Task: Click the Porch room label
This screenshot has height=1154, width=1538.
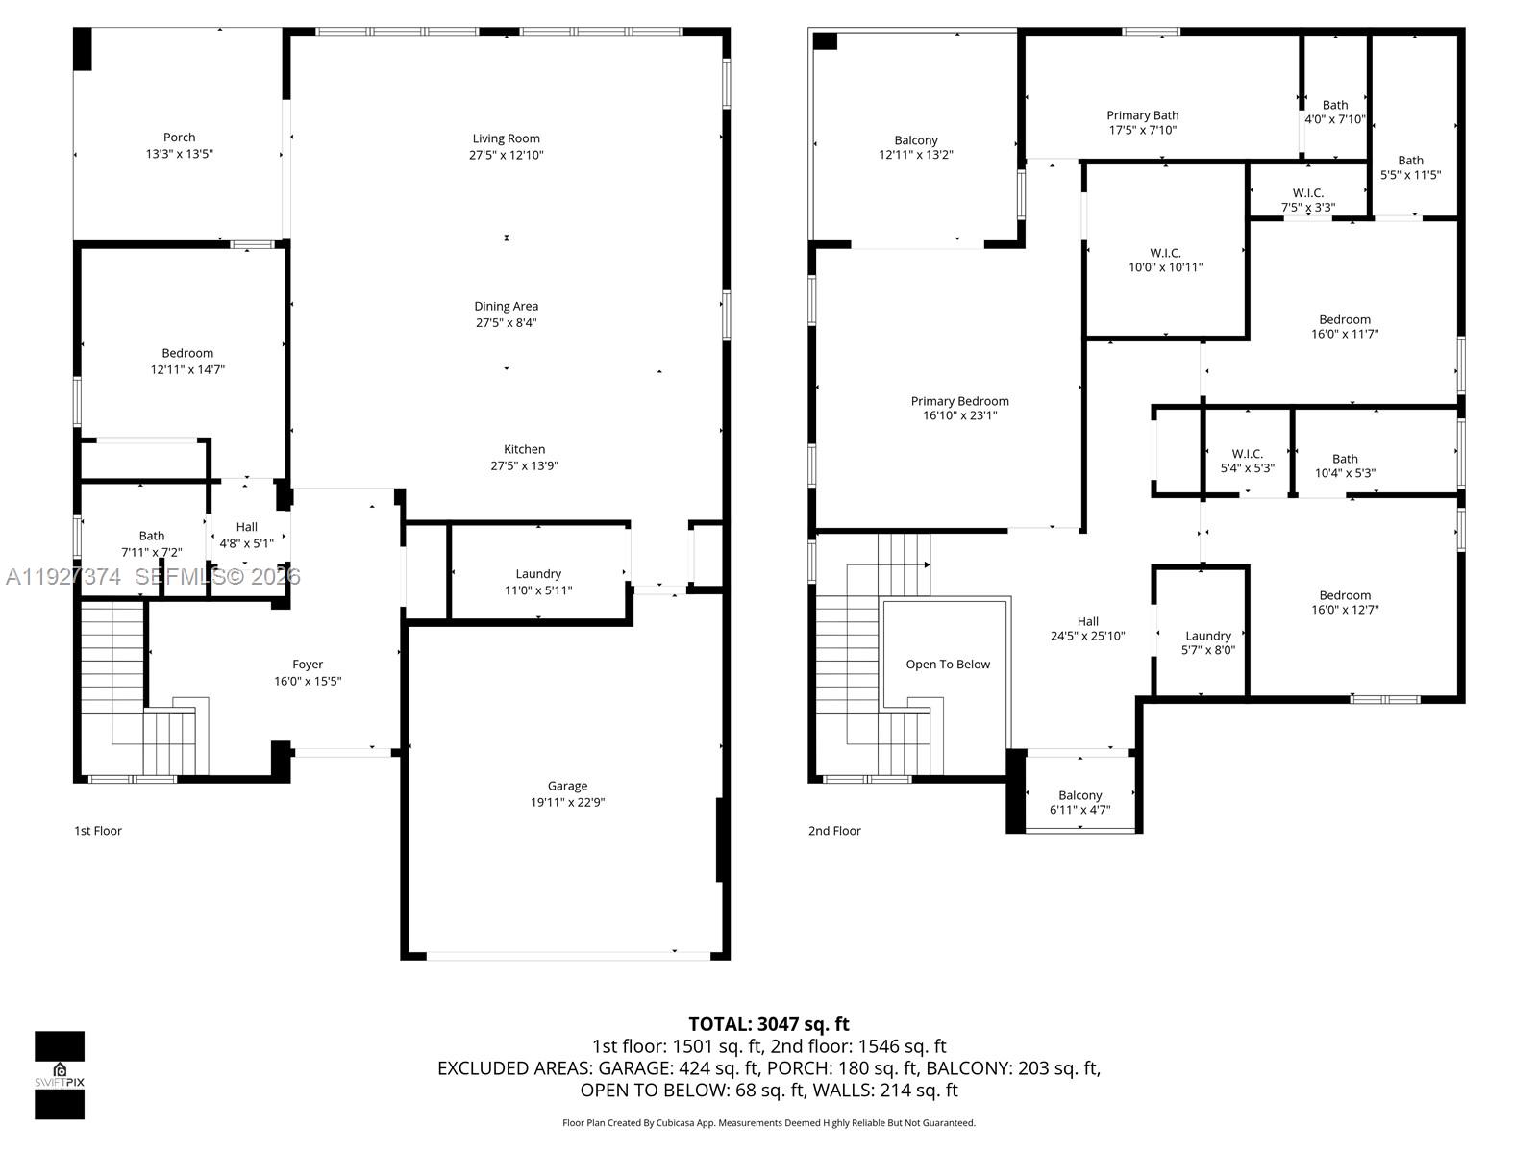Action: [179, 138]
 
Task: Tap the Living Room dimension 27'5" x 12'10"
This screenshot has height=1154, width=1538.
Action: [506, 155]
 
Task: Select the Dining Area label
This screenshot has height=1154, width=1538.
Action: [506, 307]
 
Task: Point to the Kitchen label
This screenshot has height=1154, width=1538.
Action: [524, 449]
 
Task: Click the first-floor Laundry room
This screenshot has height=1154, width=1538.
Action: [538, 581]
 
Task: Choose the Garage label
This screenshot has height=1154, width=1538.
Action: [567, 786]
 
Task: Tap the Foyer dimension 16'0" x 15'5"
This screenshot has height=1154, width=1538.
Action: [308, 681]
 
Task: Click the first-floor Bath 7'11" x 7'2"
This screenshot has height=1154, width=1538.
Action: [152, 543]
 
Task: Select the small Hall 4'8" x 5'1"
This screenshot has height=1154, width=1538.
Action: [247, 535]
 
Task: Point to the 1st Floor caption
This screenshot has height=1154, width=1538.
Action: [98, 831]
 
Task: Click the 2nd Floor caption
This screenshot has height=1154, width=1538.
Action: [834, 831]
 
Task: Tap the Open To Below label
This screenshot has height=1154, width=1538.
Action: [948, 665]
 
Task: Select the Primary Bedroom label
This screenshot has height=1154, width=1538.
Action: [959, 401]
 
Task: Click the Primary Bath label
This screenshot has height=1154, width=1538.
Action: [1142, 115]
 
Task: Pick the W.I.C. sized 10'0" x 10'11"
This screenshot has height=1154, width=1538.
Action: [1165, 260]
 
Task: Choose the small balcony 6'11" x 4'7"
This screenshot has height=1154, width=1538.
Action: [1079, 802]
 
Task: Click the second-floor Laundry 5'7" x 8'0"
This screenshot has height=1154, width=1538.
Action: [1207, 642]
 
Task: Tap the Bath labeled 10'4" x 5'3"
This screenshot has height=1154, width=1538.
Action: [1345, 465]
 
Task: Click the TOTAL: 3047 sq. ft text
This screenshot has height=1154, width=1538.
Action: [768, 1024]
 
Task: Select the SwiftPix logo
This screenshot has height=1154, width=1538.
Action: [60, 1075]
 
